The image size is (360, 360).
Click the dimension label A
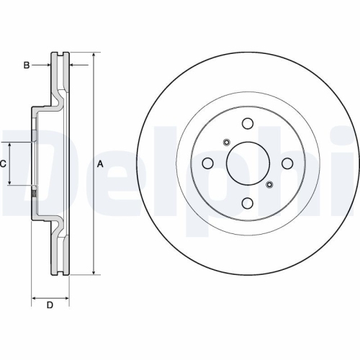[x=100, y=163]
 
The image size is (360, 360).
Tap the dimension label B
[x=27, y=66]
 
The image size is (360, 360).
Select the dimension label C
[x=4, y=163]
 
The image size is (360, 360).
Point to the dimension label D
[x=50, y=305]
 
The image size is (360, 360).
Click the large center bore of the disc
[x=248, y=163]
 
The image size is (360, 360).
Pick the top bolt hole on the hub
[x=248, y=123]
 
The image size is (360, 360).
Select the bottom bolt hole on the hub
[x=248, y=204]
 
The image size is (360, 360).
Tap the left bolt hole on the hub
[x=207, y=163]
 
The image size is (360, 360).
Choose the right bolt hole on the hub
[x=288, y=163]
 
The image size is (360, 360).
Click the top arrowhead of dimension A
[x=93, y=55]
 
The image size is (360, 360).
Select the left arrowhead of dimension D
[x=35, y=296]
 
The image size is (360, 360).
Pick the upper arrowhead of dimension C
[x=10, y=145]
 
